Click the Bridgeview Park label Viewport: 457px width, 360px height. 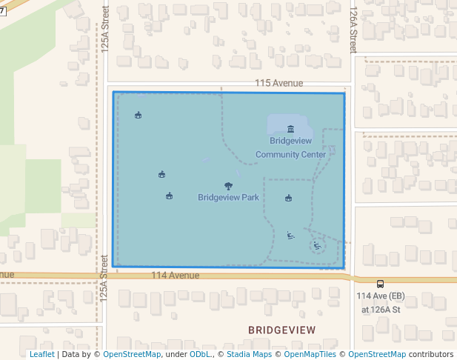pos(228,198)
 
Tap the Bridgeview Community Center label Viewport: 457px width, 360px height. pos(290,147)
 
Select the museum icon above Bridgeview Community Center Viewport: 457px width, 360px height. pos(290,129)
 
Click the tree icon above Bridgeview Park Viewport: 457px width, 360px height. pos(228,186)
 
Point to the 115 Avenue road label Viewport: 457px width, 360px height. pos(278,84)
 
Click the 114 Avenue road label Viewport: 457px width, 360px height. pos(175,275)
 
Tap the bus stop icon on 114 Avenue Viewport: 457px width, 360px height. pos(380,283)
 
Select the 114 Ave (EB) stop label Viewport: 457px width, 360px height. pos(381,296)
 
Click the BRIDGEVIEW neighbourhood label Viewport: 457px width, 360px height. pos(281,330)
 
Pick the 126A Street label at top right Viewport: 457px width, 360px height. pos(354,28)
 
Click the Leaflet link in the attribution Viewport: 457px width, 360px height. pos(41,354)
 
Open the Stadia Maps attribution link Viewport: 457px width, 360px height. pos(249,354)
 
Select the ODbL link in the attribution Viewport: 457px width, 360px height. pos(200,354)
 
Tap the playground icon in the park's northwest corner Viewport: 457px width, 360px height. pos(139,115)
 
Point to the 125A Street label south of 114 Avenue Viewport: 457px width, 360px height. pos(104,284)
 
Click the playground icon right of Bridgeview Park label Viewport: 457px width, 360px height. pos(289,198)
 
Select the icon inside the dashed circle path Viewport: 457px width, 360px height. pos(317,245)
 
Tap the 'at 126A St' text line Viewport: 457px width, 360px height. pos(381,310)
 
